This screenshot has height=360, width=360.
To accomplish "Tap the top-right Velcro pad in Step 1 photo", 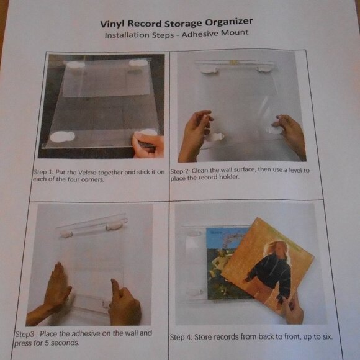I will coord(139,63).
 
